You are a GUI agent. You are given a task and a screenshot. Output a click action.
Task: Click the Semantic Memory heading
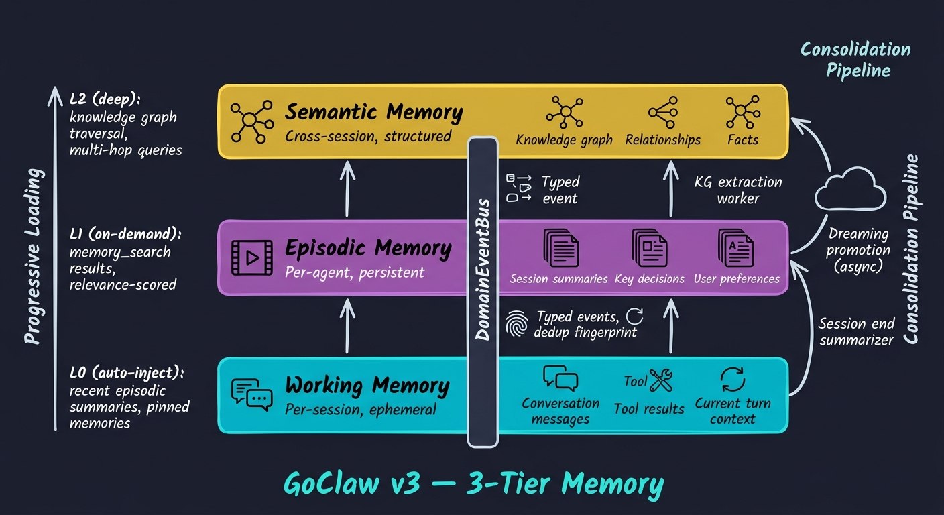[373, 112]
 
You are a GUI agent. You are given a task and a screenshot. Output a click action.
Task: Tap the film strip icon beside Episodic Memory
[251, 258]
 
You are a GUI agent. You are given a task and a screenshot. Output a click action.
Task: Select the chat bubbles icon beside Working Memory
[251, 392]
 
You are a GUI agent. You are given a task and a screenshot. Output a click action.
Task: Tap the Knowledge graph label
[564, 140]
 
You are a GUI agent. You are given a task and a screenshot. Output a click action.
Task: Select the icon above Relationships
[662, 113]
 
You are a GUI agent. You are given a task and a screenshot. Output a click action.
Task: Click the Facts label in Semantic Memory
[742, 140]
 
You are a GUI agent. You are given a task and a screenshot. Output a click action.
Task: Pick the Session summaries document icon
[560, 248]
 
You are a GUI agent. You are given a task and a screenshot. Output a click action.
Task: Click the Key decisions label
[649, 278]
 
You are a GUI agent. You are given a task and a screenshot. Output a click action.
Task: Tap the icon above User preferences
[735, 248]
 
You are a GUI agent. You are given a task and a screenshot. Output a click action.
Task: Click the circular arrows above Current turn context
[732, 379]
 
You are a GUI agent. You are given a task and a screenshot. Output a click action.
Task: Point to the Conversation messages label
[560, 411]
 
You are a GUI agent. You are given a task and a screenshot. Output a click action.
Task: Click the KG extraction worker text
[739, 190]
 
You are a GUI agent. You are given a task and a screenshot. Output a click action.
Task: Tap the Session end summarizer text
[855, 331]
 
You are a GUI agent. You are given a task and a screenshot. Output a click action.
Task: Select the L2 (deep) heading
[105, 98]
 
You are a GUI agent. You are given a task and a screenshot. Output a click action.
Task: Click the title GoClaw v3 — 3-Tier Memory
[474, 483]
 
